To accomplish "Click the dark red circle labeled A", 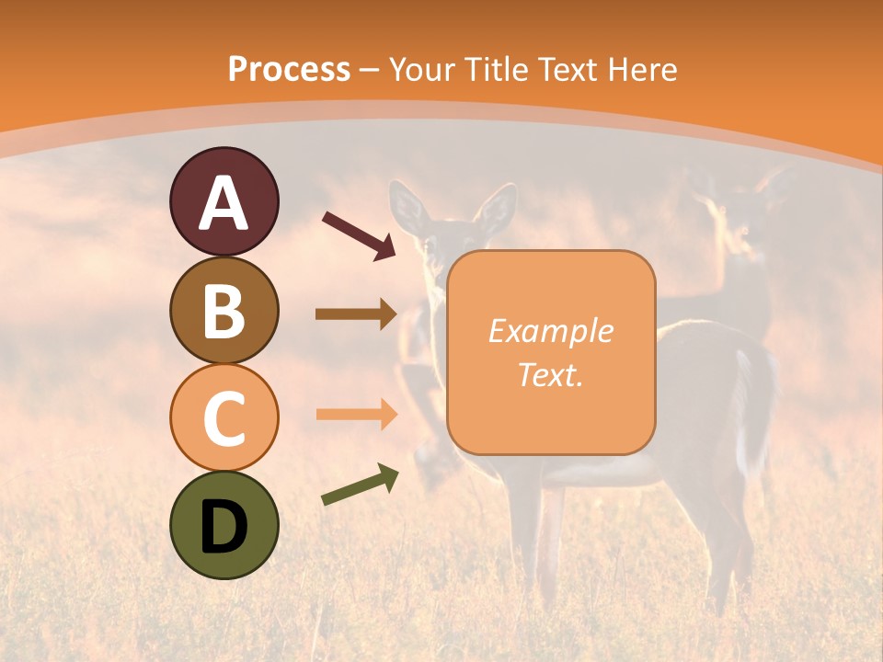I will [224, 201].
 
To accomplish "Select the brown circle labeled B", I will [224, 310].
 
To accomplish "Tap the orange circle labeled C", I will [224, 417].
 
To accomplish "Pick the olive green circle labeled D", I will [224, 525].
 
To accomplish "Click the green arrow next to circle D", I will [360, 485].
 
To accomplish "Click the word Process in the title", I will [289, 69].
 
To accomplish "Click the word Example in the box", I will [550, 331].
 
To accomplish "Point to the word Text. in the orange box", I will [550, 375].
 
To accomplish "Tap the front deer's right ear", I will [498, 210].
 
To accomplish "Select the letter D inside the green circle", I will [224, 525].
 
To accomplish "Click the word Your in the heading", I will [424, 69].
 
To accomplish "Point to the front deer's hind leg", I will [727, 542].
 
